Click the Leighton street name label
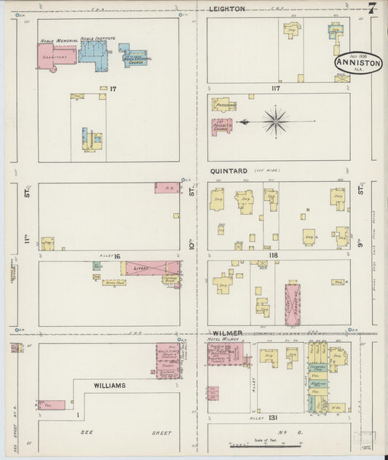click(226, 9)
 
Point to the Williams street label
click(109, 384)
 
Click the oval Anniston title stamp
click(358, 64)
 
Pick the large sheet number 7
click(372, 9)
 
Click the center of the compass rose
click(276, 121)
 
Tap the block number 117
click(274, 89)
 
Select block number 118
click(272, 255)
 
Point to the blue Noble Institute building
click(93, 51)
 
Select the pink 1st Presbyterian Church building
click(222, 125)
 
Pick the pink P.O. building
click(167, 187)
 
